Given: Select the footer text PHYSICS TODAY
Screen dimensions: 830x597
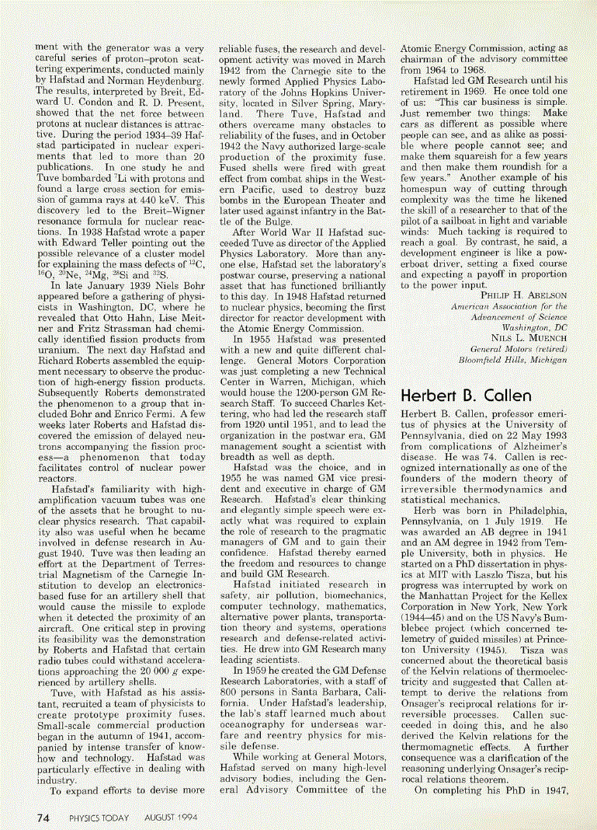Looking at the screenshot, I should coord(99,818).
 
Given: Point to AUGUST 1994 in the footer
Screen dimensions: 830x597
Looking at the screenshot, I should coord(172,818).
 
